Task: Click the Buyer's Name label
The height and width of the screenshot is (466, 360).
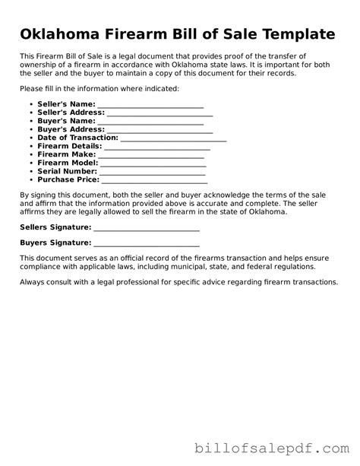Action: point(66,121)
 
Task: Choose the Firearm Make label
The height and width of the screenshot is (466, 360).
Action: point(67,155)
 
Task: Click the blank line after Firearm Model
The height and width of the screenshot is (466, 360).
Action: point(153,163)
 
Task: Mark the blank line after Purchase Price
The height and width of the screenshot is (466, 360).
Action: point(154,180)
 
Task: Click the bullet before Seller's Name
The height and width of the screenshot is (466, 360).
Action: point(30,104)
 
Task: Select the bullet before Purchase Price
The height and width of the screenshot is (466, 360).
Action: point(30,180)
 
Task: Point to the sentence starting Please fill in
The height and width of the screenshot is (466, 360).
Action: point(99,89)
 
